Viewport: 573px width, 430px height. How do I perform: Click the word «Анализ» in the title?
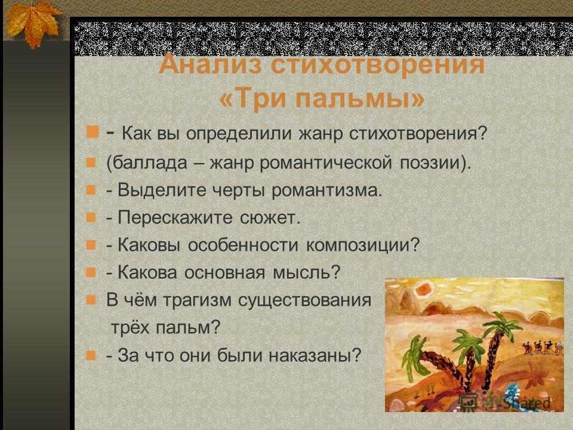tap(211, 64)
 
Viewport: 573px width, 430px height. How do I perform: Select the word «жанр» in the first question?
tap(321, 134)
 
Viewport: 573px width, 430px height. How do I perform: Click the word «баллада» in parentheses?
tap(150, 162)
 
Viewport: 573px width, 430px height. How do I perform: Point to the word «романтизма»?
tap(326, 190)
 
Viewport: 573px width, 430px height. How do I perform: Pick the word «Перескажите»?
tap(175, 218)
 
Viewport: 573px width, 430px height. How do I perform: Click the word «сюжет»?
tap(270, 218)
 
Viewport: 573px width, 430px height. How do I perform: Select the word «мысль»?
tap(306, 273)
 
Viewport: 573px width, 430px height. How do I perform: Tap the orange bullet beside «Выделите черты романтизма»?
tap(91, 190)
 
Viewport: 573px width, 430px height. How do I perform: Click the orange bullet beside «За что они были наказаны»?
tap(91, 355)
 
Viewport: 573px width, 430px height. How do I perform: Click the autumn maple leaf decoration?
tap(33, 23)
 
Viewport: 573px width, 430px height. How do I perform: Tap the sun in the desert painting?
tap(424, 290)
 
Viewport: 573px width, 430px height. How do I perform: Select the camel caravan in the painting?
tap(543, 346)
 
